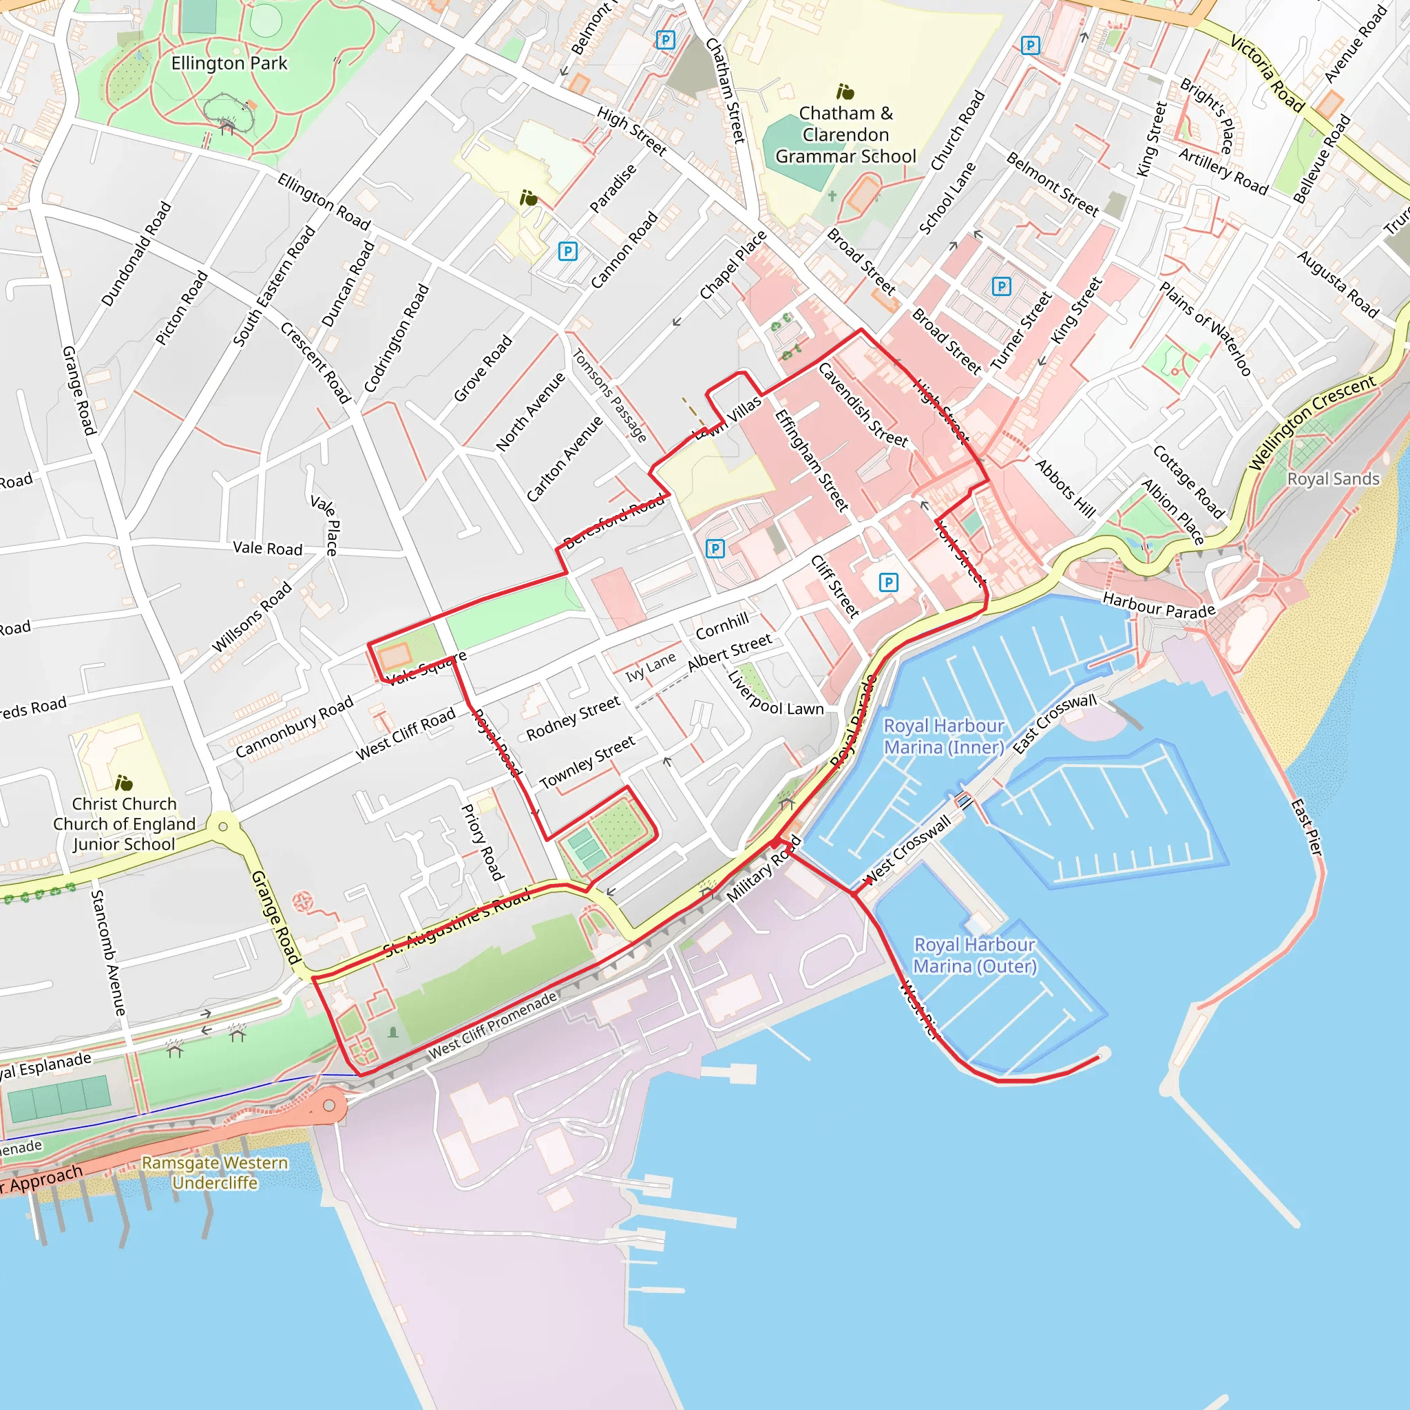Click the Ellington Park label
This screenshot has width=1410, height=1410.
click(x=229, y=63)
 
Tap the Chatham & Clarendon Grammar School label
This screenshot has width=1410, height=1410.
click(x=845, y=135)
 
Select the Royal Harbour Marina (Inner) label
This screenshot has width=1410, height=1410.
click(x=944, y=737)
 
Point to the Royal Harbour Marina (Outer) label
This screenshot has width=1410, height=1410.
click(x=974, y=956)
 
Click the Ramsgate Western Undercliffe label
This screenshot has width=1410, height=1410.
click(x=215, y=1172)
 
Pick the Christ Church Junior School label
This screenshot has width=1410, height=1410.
click(x=124, y=824)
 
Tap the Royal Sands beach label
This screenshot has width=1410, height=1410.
click(x=1334, y=478)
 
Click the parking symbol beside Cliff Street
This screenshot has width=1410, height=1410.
click(x=888, y=582)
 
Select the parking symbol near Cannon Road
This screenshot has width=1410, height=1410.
click(x=568, y=252)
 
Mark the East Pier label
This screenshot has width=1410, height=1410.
click(x=1305, y=828)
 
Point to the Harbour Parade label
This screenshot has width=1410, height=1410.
click(x=1158, y=605)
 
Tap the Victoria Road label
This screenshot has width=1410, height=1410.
click(x=1267, y=73)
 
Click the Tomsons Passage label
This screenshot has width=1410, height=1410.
click(x=609, y=396)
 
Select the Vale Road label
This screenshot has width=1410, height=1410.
click(x=267, y=548)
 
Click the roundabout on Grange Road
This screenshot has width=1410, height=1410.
click(x=222, y=827)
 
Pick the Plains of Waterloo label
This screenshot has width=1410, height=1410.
click(x=1205, y=329)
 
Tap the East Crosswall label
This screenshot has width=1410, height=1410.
click(x=1054, y=724)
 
